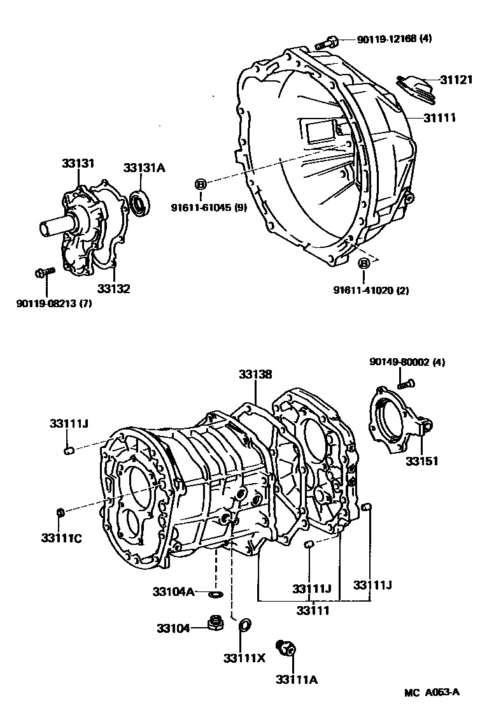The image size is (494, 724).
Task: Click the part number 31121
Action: point(456,80)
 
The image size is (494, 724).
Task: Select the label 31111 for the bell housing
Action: point(440,118)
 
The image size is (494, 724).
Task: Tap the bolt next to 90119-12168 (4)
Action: point(327,43)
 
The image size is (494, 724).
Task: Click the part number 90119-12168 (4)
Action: point(394,39)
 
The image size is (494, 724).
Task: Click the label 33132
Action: point(113,289)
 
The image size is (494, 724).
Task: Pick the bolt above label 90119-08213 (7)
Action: point(45,272)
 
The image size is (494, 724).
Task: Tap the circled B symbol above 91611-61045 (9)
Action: point(201,184)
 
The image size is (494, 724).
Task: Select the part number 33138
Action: point(255,374)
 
